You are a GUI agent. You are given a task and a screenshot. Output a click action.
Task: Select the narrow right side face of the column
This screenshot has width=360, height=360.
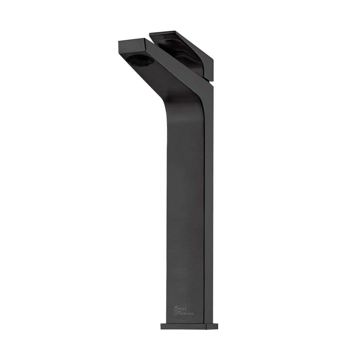210,216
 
